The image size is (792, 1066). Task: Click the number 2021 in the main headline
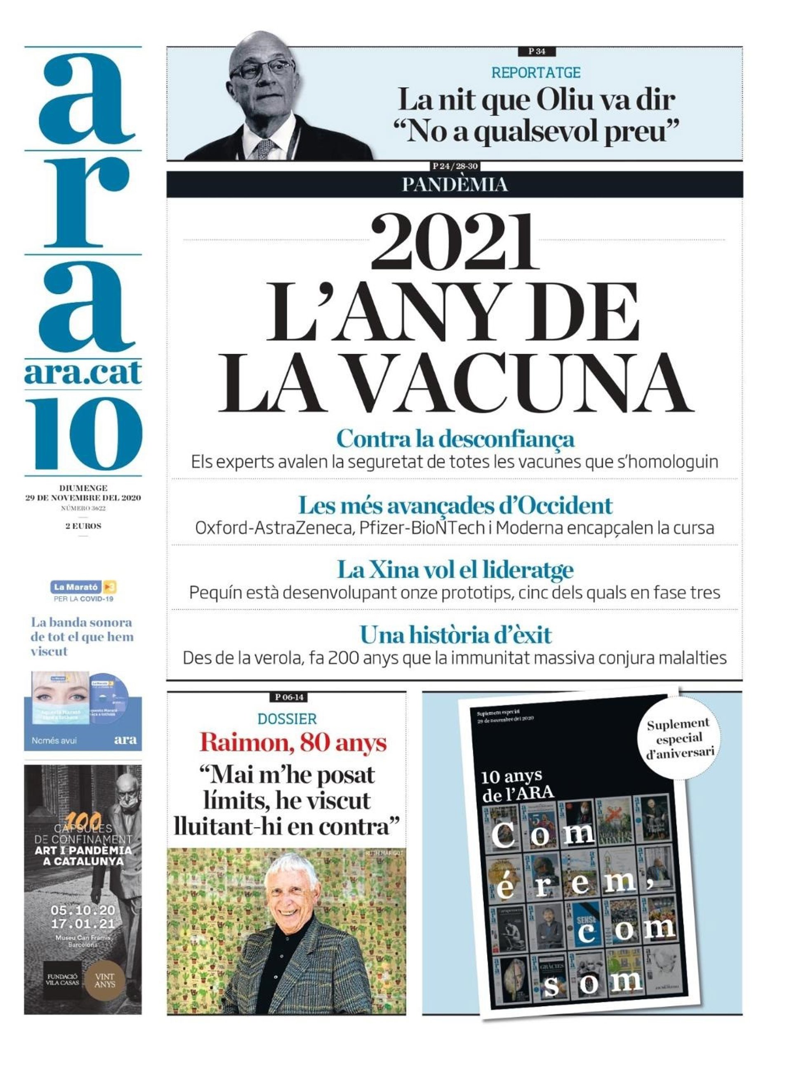coord(455,243)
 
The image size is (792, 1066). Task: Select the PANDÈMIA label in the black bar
coord(455,184)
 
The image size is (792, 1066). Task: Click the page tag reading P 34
coord(537,51)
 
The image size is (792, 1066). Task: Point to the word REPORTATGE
coord(536,73)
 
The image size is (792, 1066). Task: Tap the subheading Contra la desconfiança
coord(455,439)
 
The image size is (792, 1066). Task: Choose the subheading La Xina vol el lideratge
coord(455,570)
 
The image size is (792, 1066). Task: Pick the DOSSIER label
coord(287,719)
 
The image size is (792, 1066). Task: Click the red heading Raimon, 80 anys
coord(293,743)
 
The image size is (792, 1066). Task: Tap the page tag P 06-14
coord(289,697)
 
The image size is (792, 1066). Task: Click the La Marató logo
coord(83,587)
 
